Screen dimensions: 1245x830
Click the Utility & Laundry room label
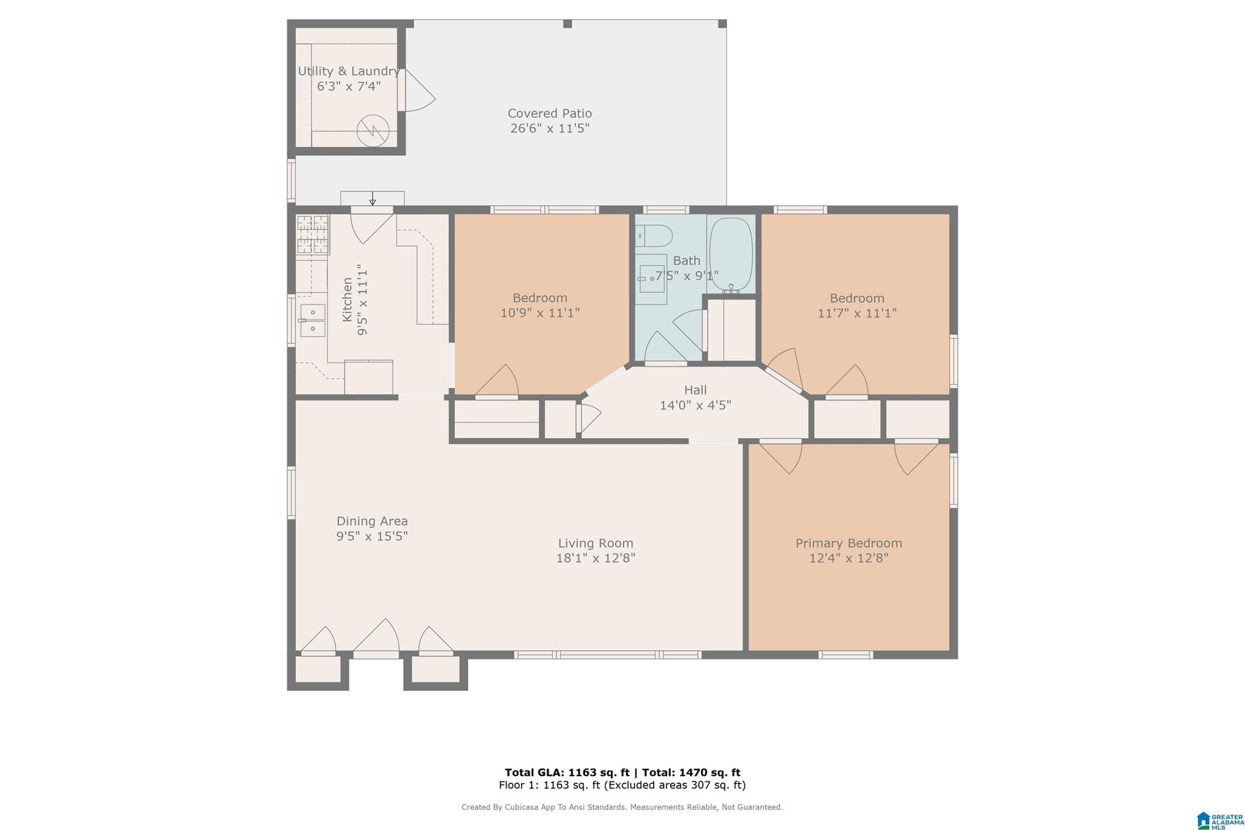(348, 71)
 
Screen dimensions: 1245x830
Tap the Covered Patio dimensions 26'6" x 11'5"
(549, 128)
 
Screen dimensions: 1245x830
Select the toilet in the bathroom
(654, 236)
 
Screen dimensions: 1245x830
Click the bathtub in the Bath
(731, 255)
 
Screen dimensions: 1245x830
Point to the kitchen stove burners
(312, 234)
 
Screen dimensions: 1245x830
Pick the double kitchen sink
(312, 320)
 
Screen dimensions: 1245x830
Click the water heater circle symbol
(373, 131)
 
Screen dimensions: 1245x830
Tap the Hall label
(696, 390)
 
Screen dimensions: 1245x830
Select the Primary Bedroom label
(848, 543)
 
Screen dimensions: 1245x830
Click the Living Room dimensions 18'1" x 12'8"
(596, 558)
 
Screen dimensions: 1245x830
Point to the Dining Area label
(372, 522)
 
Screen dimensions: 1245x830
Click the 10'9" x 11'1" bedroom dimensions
(539, 313)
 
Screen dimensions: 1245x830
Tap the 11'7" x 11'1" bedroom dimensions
(857, 313)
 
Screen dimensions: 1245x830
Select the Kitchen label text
(347, 300)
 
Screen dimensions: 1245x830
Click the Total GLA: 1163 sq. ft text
(567, 772)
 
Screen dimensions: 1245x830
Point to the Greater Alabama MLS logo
(1220, 821)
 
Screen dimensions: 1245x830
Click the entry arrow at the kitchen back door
(373, 198)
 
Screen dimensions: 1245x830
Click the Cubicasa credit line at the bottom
(622, 807)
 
